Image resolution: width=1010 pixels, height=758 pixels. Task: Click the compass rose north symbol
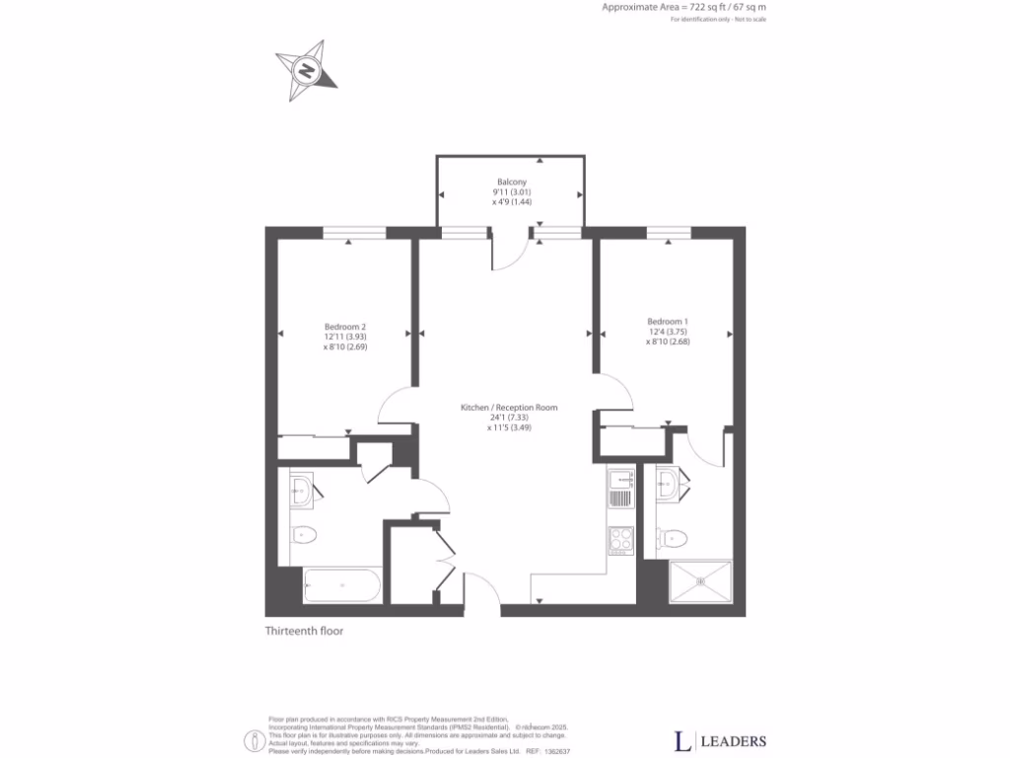[307, 71]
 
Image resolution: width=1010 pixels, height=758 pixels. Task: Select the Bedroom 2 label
[345, 337]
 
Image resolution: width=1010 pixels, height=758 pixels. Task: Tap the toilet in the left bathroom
[304, 536]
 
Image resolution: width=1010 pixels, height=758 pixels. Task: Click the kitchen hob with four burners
[620, 540]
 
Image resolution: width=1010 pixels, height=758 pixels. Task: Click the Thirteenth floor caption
[304, 631]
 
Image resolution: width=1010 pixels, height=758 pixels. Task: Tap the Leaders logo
[719, 740]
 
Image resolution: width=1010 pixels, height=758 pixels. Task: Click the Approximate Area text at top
[685, 7]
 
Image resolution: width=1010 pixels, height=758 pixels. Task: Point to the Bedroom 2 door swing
[398, 406]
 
